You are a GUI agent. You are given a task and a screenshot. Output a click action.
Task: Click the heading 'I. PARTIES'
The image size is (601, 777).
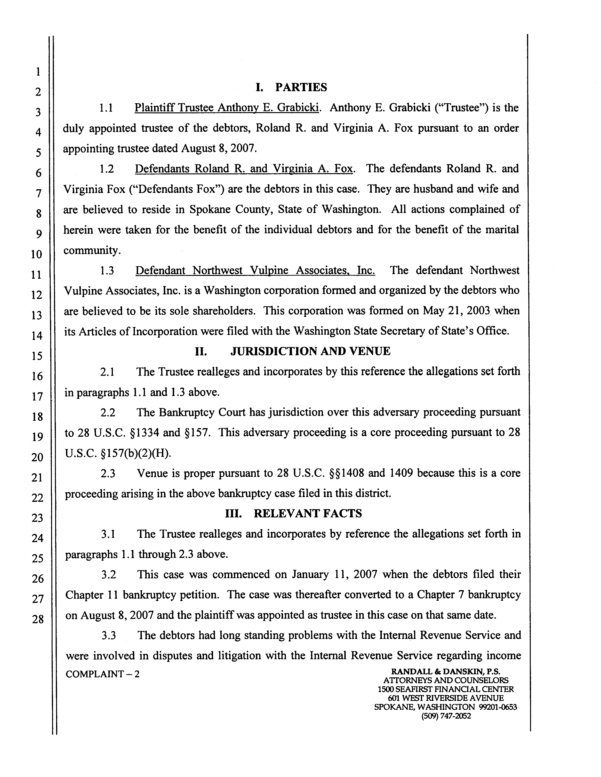(x=291, y=87)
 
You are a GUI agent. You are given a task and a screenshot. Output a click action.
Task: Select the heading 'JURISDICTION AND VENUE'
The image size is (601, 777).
(x=310, y=352)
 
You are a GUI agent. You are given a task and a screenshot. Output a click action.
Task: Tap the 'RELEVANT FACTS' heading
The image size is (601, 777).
(x=294, y=513)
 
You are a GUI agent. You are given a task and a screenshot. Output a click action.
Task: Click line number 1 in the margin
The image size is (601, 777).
(x=37, y=72)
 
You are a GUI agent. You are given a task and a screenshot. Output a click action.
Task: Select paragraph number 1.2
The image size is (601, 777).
(x=107, y=169)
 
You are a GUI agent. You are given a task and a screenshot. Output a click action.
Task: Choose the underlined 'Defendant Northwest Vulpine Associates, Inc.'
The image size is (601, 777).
(x=255, y=271)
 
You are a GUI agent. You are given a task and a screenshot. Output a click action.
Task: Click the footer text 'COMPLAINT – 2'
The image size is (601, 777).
(x=103, y=675)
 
